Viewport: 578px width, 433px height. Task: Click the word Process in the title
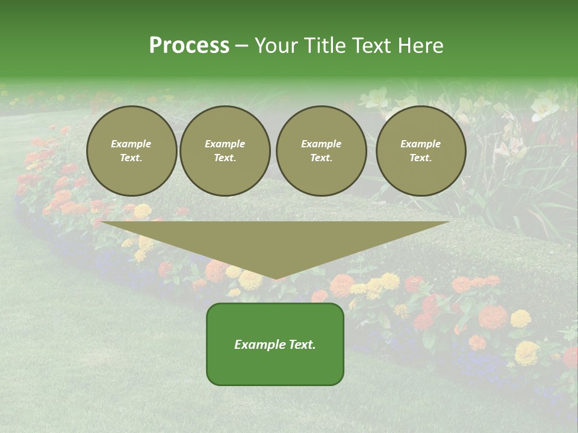pos(189,46)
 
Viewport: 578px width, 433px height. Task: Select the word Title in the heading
pos(328,46)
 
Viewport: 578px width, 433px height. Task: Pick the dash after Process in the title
pos(241,46)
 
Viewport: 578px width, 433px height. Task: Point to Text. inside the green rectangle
pos(302,345)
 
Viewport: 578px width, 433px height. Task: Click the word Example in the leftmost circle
pos(131,144)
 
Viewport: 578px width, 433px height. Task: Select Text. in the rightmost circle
pos(421,158)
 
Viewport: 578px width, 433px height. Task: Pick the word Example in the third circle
pos(321,144)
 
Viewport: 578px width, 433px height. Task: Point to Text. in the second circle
pos(225,158)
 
